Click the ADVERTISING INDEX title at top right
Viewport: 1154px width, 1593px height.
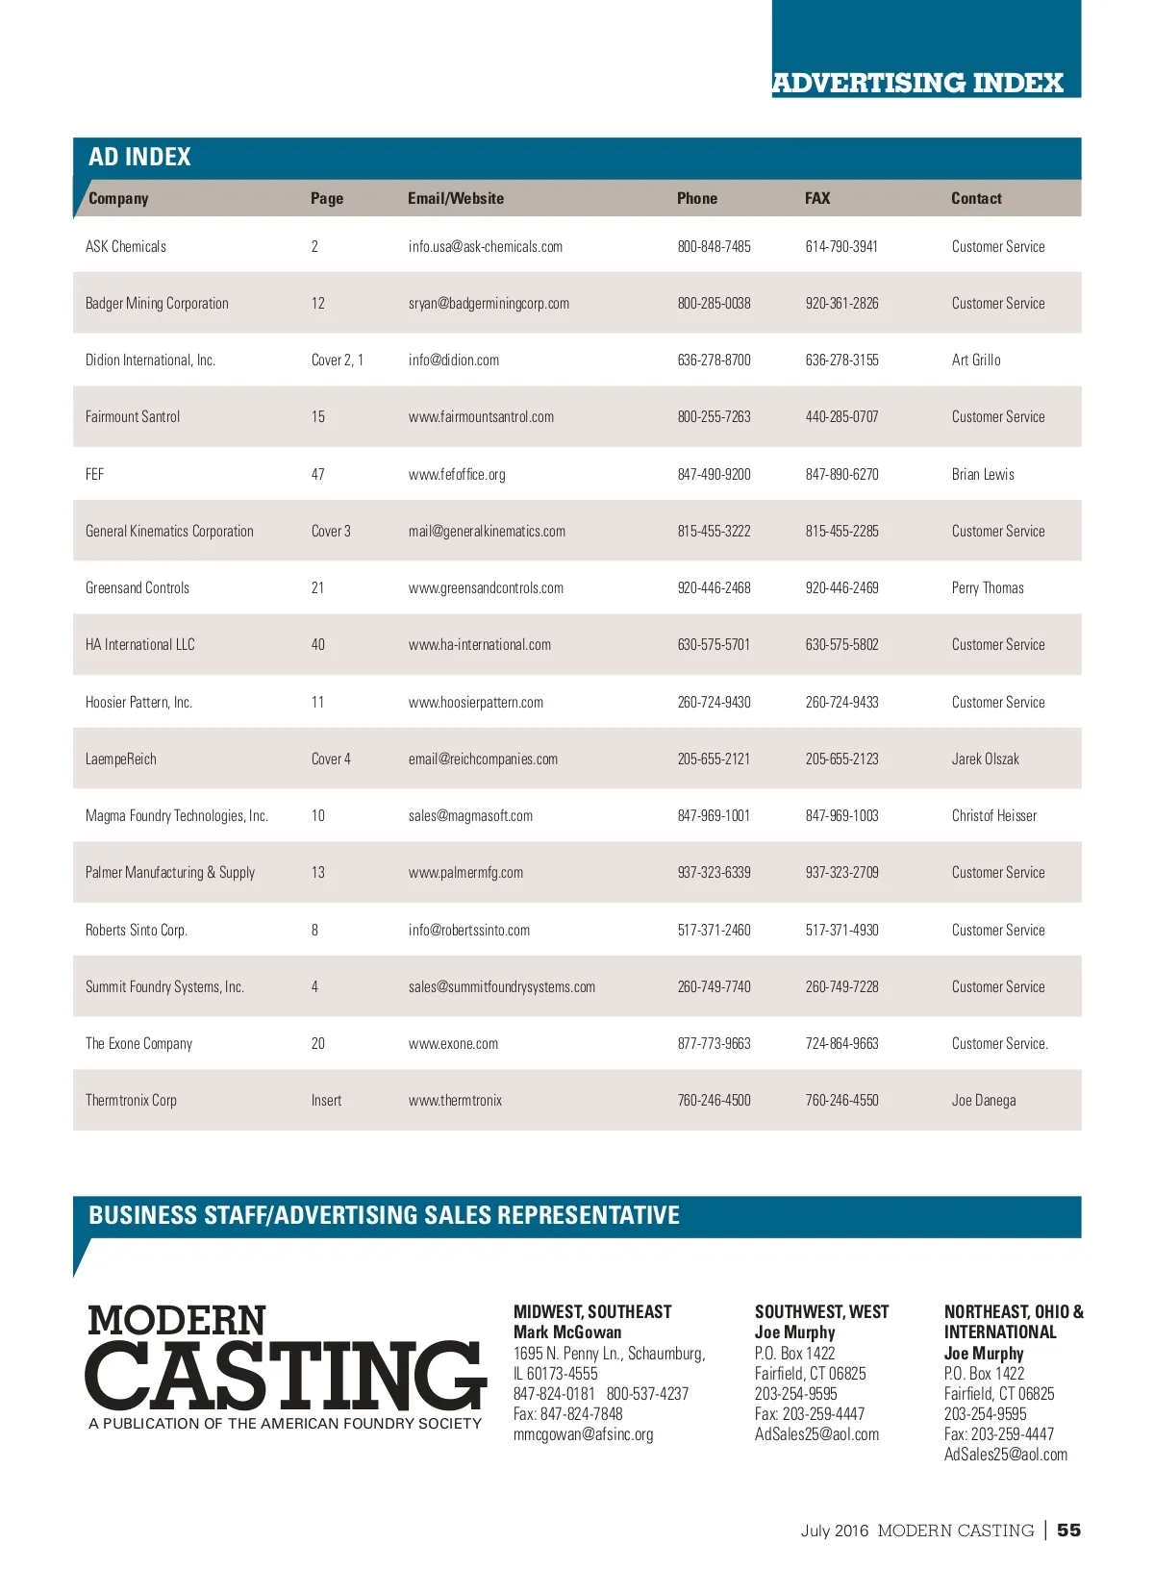[x=917, y=83]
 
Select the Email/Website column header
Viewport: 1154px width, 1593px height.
[x=455, y=198]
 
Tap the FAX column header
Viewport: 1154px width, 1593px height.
[x=816, y=198]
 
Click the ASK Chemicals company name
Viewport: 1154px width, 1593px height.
[x=126, y=246]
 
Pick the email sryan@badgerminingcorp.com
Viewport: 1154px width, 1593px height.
[x=489, y=303]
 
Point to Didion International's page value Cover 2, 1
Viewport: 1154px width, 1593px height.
[x=337, y=360]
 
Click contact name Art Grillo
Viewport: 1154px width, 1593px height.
[x=975, y=360]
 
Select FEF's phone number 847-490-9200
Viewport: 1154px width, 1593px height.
[x=714, y=474]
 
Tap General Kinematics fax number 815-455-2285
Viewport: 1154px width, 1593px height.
[x=841, y=531]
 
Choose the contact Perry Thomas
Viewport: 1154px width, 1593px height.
[x=987, y=587]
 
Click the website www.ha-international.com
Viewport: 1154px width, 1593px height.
[x=479, y=644]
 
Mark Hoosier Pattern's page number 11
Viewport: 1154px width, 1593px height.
[x=317, y=702]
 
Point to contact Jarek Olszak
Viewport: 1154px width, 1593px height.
[x=985, y=759]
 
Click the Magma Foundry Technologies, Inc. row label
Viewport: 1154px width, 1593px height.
[x=176, y=815]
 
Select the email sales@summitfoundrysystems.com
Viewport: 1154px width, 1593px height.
[x=501, y=986]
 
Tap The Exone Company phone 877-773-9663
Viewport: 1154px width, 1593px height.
[x=714, y=1043]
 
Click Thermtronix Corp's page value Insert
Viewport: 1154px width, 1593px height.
[x=326, y=1100]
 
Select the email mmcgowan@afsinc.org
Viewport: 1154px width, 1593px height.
[x=583, y=1434]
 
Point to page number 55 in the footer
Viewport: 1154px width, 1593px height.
[x=1068, y=1530]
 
